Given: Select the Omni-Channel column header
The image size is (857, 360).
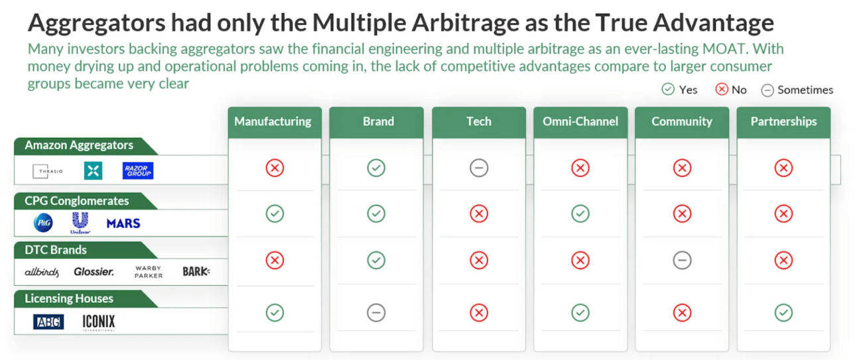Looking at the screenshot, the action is [580, 122].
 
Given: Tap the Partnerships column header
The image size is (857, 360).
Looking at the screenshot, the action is [783, 122].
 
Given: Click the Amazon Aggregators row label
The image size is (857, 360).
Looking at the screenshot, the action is [79, 145].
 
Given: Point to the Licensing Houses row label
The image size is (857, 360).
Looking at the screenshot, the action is [69, 298].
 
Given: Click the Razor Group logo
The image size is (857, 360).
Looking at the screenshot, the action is [138, 170].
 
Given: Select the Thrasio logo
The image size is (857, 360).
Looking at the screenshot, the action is [48, 171].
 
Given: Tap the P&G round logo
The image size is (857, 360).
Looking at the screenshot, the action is [43, 223].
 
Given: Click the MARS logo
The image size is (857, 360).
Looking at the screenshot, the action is [123, 223].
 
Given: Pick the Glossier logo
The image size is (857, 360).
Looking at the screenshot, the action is [94, 272].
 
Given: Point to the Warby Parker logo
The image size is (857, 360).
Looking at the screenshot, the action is [149, 272].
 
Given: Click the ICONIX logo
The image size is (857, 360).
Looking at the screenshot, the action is [99, 322].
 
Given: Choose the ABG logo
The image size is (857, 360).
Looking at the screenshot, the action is [48, 322].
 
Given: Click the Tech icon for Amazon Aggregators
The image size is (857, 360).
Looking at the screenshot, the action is [479, 168].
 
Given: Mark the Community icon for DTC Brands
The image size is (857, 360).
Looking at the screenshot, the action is [682, 261].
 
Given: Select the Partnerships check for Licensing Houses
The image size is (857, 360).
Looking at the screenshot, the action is [783, 313].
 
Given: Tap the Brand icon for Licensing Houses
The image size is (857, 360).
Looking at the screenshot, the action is [376, 313].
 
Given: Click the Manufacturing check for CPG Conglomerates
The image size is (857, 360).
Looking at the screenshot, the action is [275, 213].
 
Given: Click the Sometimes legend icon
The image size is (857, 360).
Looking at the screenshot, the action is [767, 90].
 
